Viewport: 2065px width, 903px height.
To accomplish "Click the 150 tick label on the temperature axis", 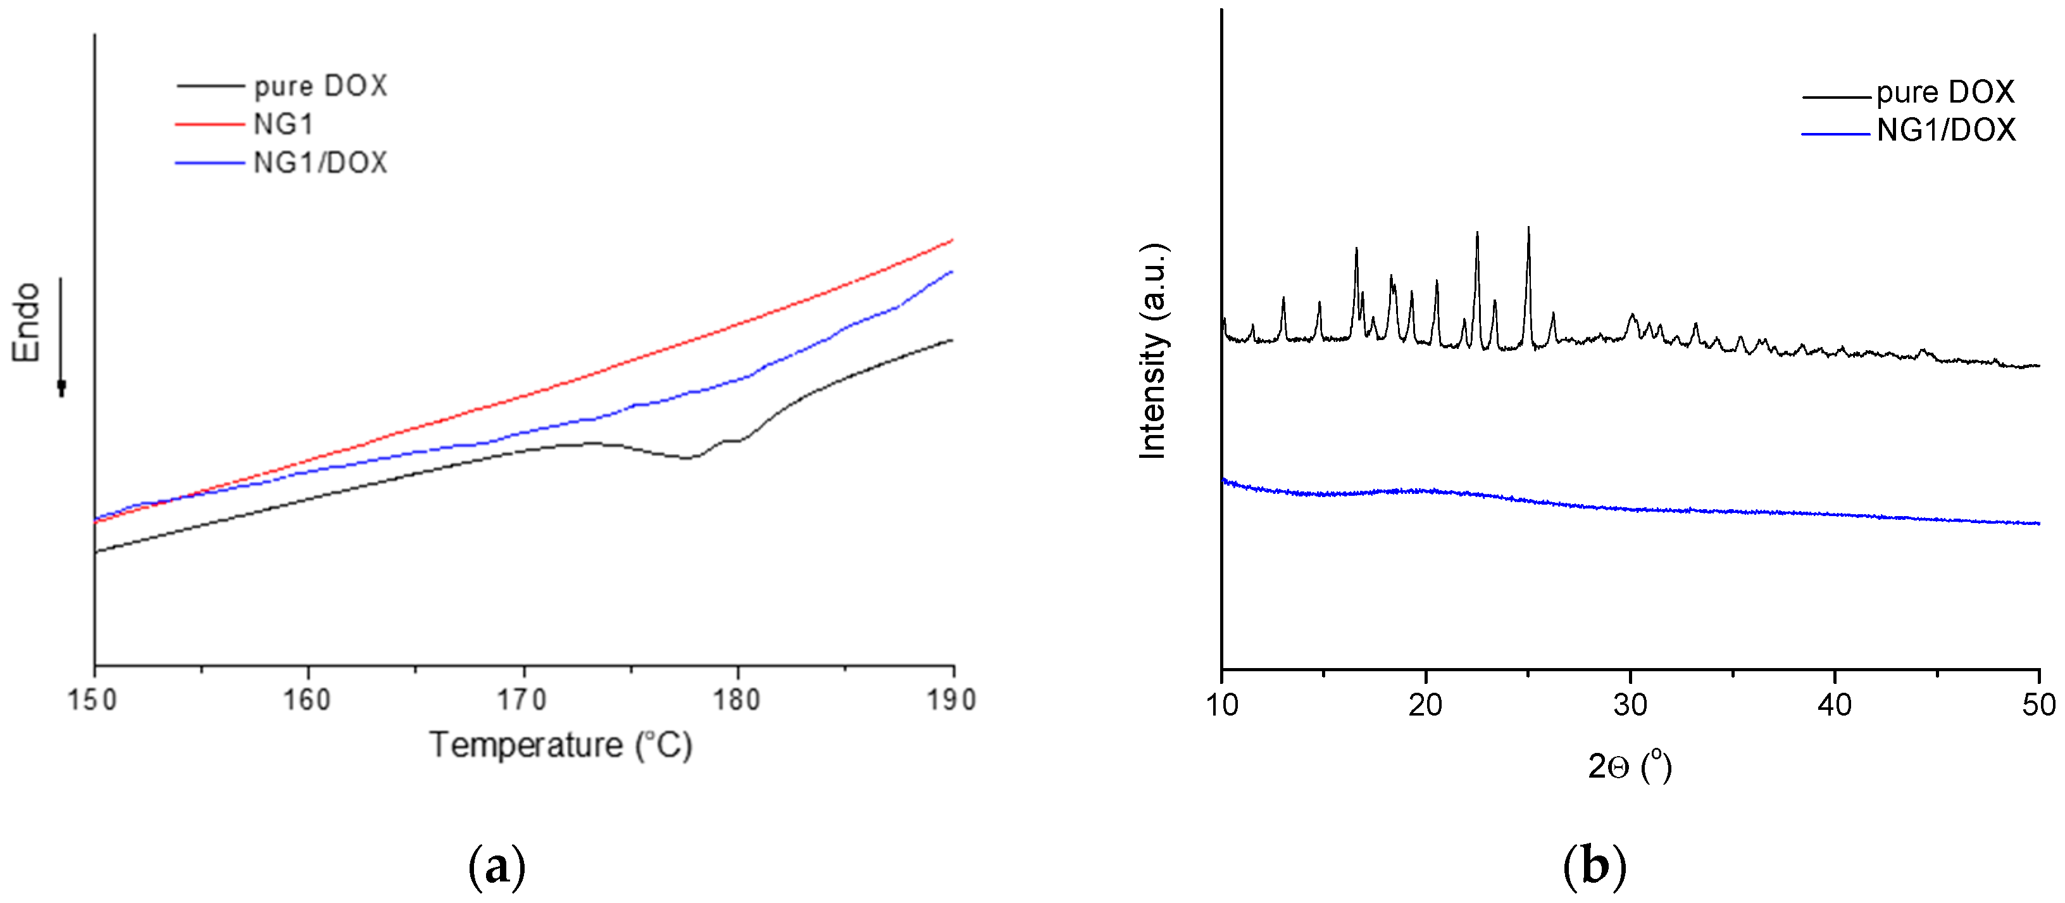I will pyautogui.click(x=93, y=700).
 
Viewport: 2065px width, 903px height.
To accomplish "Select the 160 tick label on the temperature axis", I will pyautogui.click(x=307, y=700).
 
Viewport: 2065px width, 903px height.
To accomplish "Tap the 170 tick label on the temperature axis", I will pyautogui.click(x=522, y=700).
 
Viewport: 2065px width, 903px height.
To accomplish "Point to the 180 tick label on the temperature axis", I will pyautogui.click(x=737, y=700).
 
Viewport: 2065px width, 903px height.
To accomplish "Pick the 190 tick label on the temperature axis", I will pyautogui.click(x=952, y=700).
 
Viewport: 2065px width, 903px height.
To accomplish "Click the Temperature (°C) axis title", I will pyautogui.click(x=561, y=745).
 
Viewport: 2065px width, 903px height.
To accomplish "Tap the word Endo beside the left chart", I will pyautogui.click(x=27, y=322).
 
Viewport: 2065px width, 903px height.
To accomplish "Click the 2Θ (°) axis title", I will pyautogui.click(x=1630, y=767).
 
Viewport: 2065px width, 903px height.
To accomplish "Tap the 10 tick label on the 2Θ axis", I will pyautogui.click(x=1221, y=705).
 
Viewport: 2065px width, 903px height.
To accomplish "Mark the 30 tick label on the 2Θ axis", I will pyautogui.click(x=1630, y=705).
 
